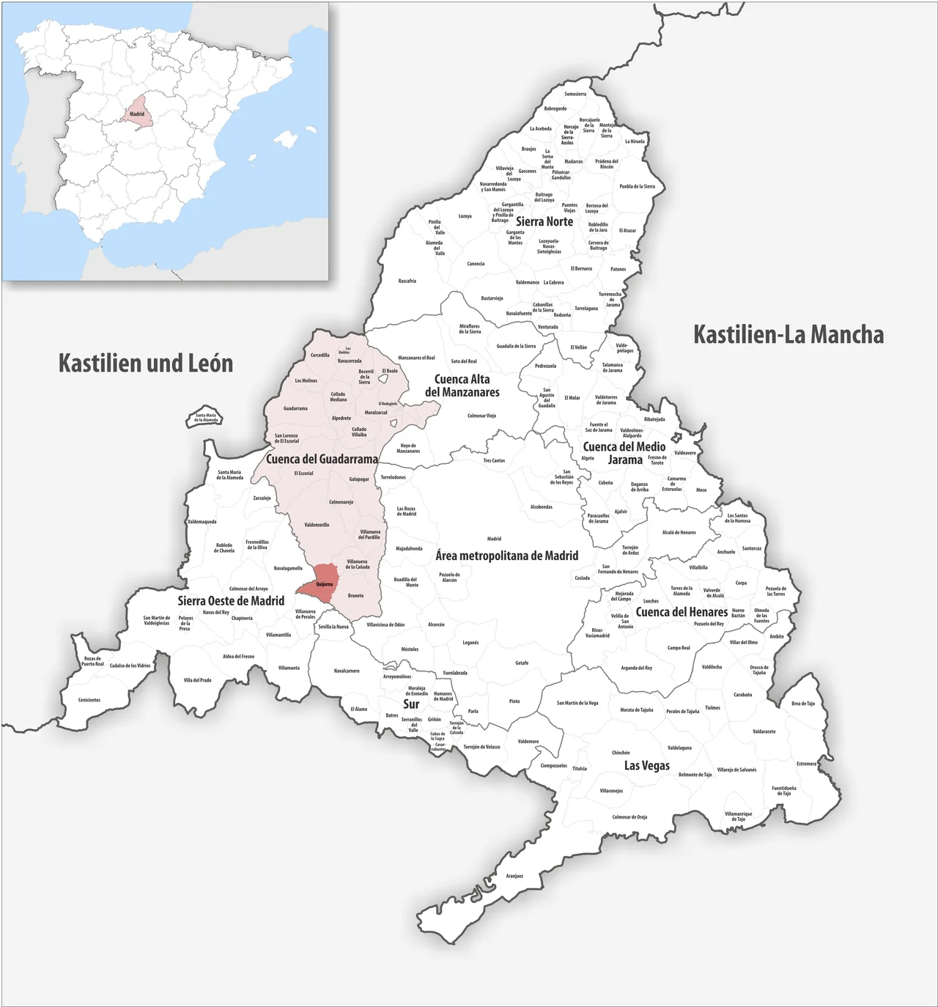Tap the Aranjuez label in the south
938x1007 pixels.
click(x=514, y=876)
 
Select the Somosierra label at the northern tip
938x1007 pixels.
click(x=575, y=95)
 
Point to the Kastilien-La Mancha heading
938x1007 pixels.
click(x=789, y=335)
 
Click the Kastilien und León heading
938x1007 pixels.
click(x=146, y=363)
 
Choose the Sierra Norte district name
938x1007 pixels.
click(x=544, y=221)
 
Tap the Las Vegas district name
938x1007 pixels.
click(x=646, y=765)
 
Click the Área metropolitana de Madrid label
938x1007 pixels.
click(x=507, y=556)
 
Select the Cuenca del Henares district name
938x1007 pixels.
click(x=682, y=612)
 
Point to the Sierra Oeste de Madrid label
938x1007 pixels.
click(x=231, y=601)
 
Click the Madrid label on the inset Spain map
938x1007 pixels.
click(x=137, y=114)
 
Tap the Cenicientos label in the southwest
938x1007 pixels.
click(x=89, y=700)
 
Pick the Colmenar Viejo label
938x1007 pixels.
click(x=481, y=416)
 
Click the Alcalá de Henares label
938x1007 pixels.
click(x=679, y=533)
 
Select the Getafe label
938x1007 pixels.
click(x=522, y=663)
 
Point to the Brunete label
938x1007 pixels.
click(x=355, y=596)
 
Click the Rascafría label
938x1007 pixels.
click(x=407, y=281)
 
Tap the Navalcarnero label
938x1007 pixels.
click(x=347, y=671)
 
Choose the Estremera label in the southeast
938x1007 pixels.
click(x=806, y=764)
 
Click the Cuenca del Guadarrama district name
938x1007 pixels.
click(x=322, y=460)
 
